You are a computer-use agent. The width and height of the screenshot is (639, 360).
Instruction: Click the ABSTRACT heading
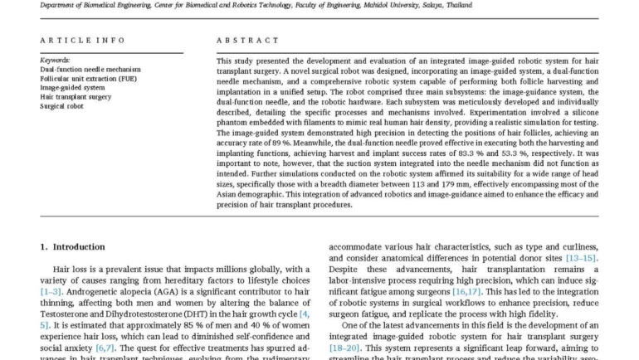[x=247, y=40]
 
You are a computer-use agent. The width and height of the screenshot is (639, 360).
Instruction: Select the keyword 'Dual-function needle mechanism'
[x=90, y=70]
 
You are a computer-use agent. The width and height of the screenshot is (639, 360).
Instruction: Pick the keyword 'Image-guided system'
[x=72, y=88]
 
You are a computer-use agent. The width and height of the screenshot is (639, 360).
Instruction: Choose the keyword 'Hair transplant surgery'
[x=76, y=97]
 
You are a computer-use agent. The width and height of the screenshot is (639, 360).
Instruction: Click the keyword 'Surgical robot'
[x=62, y=106]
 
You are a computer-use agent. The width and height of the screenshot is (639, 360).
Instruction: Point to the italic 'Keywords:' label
[x=55, y=61]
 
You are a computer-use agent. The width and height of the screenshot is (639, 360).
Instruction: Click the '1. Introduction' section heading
[x=73, y=246]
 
